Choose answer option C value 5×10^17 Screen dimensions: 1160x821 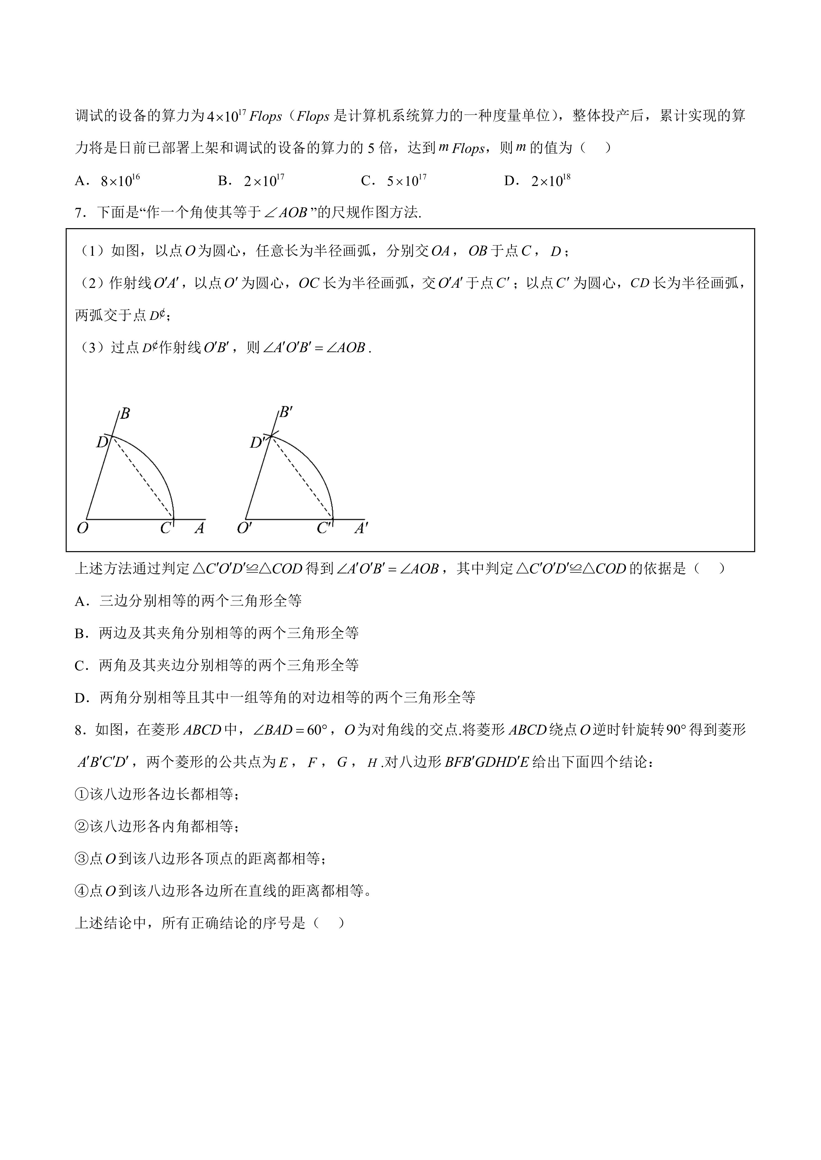tap(407, 180)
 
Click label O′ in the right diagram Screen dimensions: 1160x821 tap(244, 528)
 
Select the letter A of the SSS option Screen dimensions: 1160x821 tap(80, 601)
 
